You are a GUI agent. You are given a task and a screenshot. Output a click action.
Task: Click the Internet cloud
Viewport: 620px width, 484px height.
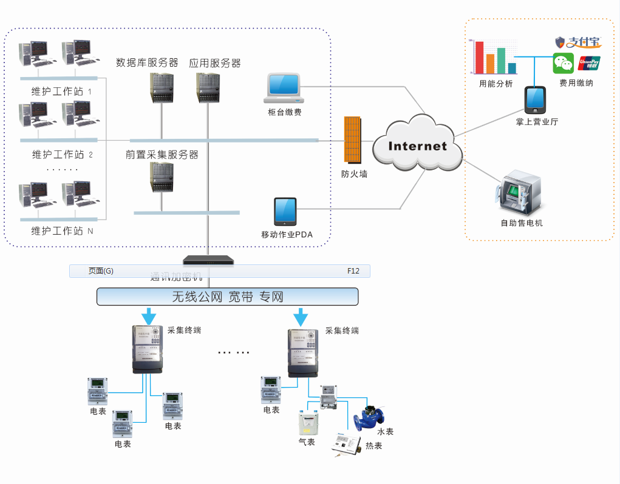tap(418, 144)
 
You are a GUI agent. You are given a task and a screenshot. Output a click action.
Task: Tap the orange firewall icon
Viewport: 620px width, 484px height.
tap(352, 140)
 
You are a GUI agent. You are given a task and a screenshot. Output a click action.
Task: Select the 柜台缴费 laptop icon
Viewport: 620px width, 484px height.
tap(284, 89)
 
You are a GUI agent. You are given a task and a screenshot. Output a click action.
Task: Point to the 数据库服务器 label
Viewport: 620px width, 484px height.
tap(147, 62)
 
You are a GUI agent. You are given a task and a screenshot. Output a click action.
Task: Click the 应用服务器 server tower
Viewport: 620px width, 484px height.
tap(207, 88)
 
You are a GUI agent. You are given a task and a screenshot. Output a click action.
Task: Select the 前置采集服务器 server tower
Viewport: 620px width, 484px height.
tap(162, 177)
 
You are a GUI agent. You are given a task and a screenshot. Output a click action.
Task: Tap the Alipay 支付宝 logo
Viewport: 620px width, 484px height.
tap(578, 42)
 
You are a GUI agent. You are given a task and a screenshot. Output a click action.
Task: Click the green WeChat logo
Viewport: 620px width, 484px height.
tap(563, 64)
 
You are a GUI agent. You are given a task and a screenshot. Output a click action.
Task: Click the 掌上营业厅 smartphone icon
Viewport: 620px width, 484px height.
tap(535, 100)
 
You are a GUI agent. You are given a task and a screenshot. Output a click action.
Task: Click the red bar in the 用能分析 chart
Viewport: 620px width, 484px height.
tap(479, 57)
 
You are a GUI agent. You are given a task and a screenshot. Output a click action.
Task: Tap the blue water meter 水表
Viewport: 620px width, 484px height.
tap(369, 417)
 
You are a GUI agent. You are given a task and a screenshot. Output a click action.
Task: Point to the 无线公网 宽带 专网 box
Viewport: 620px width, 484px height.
tap(228, 297)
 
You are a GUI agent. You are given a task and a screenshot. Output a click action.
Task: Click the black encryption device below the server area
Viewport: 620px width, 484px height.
tap(209, 261)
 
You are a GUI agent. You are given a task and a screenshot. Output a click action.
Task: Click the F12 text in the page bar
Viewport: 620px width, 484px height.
tap(353, 271)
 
